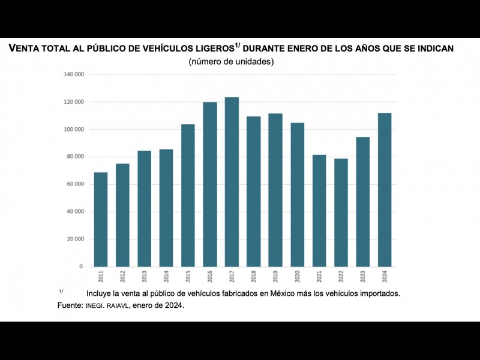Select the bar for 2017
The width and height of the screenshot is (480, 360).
(x=232, y=182)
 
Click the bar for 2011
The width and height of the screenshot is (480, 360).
(x=101, y=220)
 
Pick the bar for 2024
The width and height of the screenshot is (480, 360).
(x=385, y=190)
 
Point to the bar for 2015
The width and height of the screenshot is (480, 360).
(x=188, y=195)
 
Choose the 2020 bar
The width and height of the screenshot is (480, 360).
(x=297, y=194)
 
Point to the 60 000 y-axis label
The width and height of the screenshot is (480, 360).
(x=76, y=184)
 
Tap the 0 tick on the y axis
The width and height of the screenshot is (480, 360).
(x=81, y=266)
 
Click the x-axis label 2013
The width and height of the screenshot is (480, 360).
(x=144, y=277)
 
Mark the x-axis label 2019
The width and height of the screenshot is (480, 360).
(x=275, y=277)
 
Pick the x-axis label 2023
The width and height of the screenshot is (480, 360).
(x=363, y=277)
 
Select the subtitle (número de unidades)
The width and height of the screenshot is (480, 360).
(x=231, y=62)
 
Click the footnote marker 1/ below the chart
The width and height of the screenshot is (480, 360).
(x=61, y=292)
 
